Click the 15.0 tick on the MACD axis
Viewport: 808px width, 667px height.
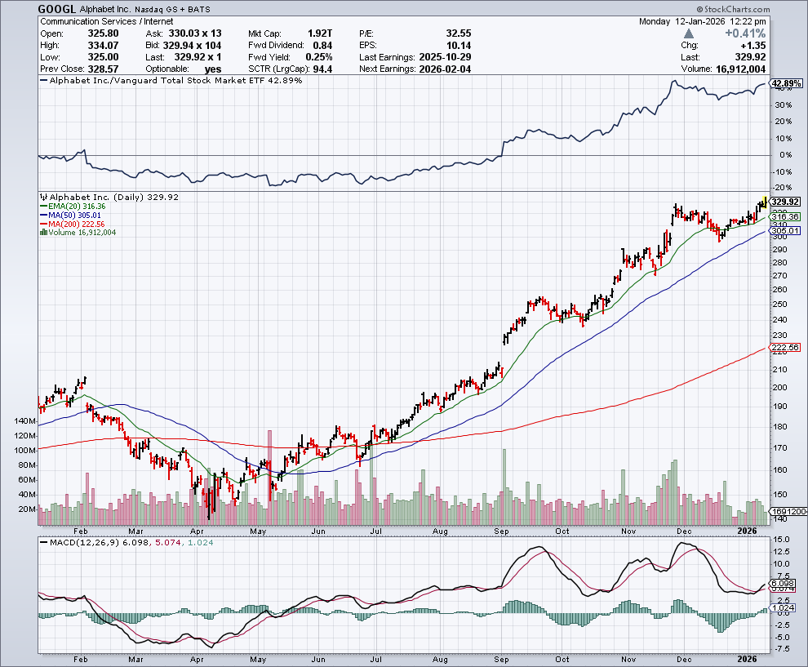781,540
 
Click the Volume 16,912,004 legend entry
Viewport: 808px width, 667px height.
81,232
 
